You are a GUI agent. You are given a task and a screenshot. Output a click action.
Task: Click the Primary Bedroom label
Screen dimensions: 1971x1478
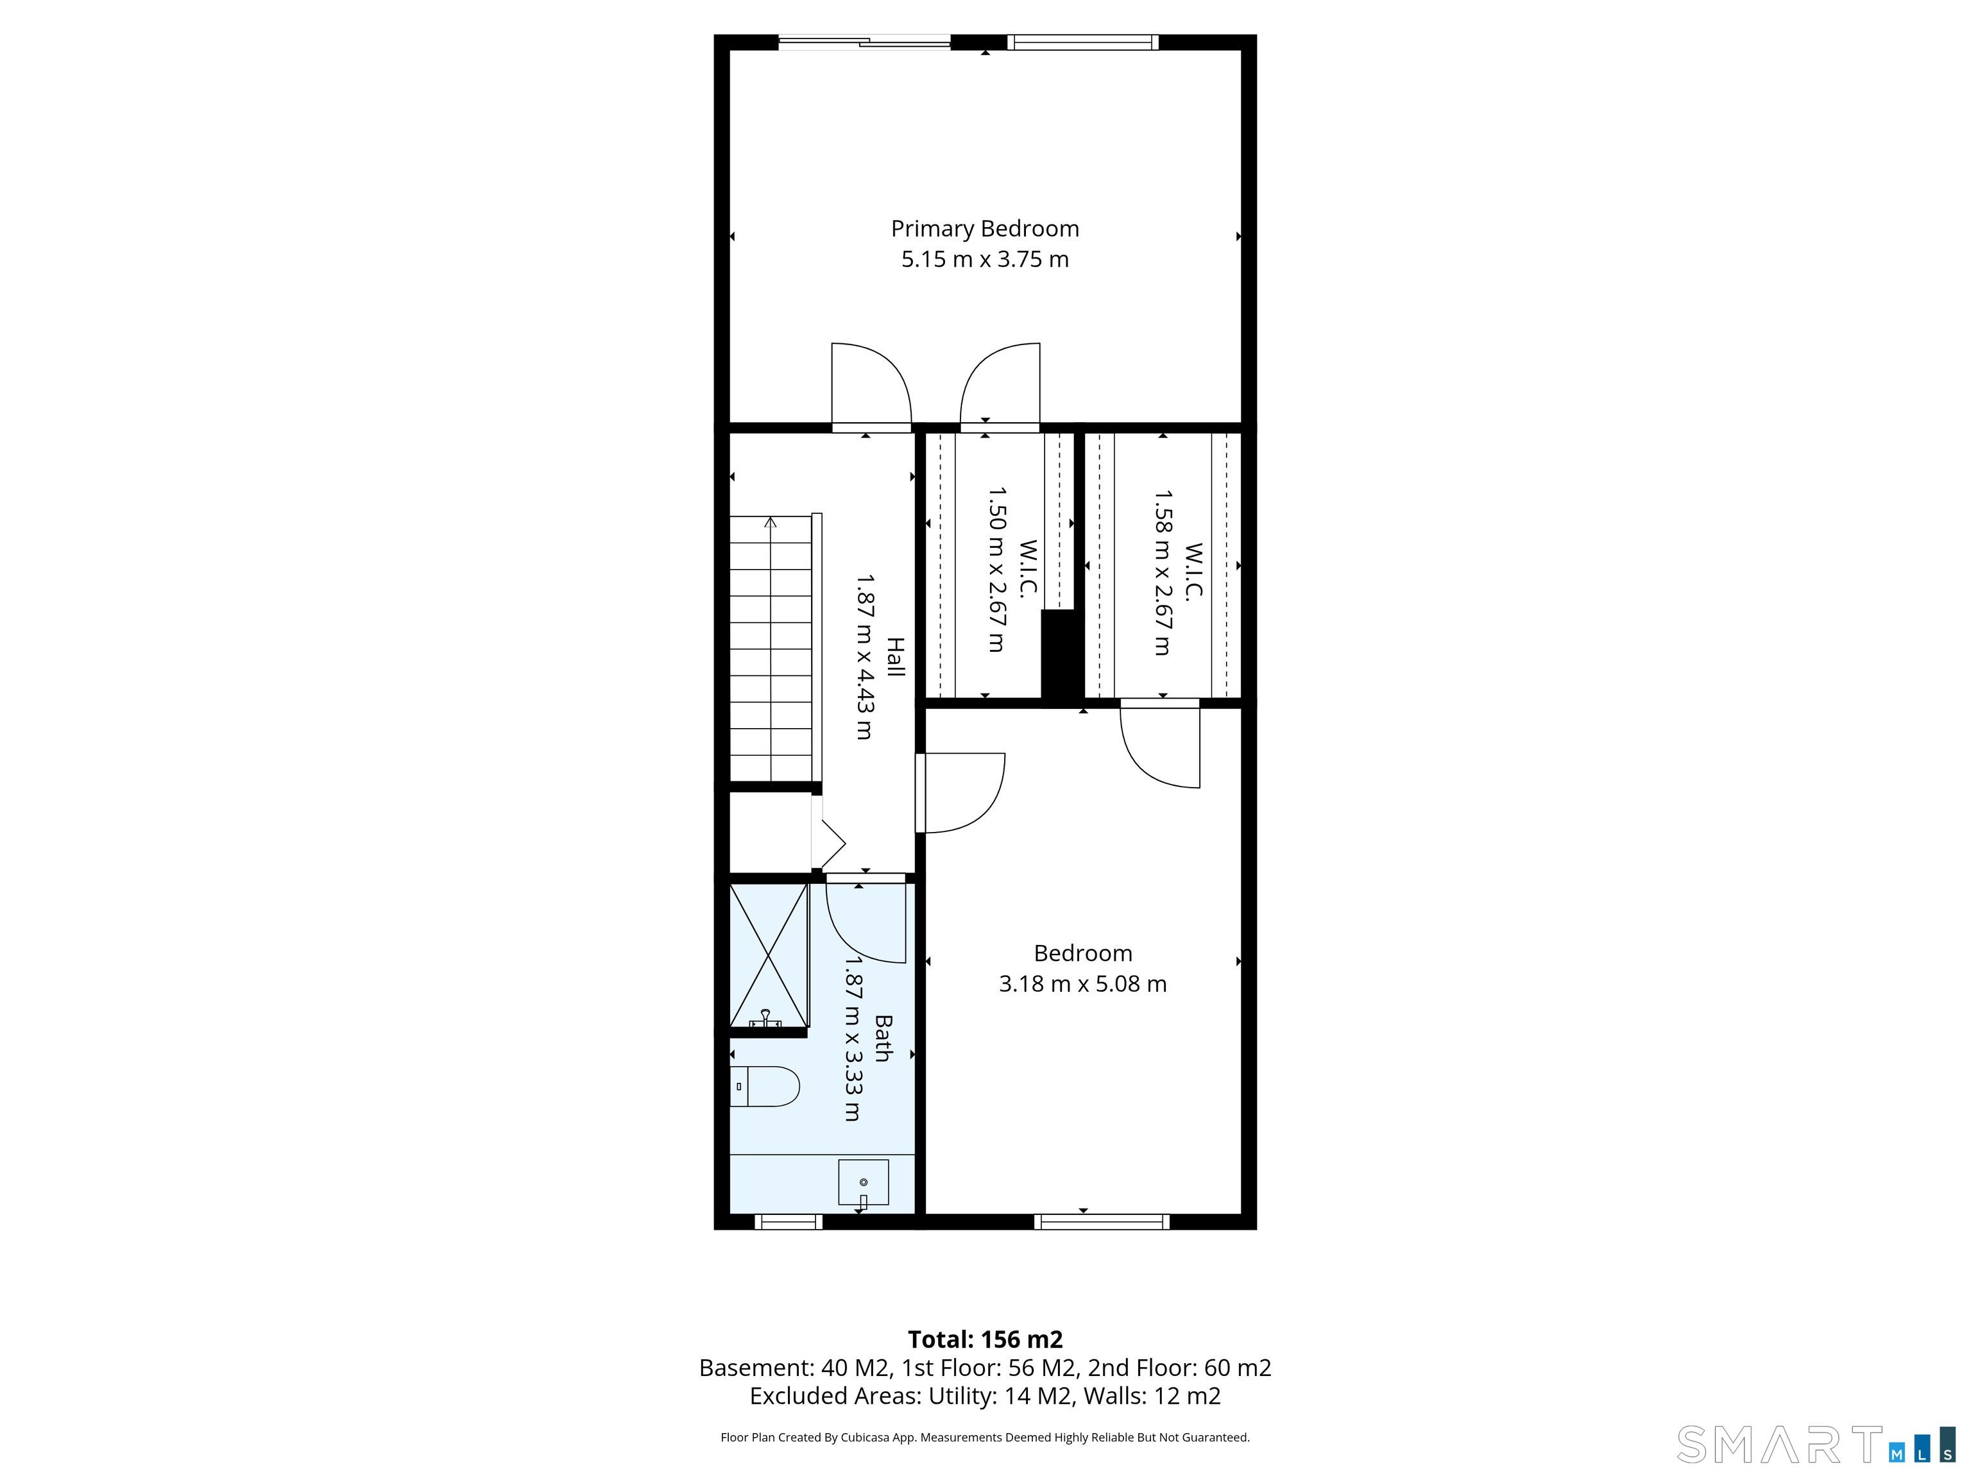[985, 229]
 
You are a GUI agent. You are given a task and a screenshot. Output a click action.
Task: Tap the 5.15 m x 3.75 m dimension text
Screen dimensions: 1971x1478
[985, 259]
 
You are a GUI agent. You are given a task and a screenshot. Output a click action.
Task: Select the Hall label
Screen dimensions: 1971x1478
[894, 657]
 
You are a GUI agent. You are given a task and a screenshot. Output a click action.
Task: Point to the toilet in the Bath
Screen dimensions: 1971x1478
[765, 1086]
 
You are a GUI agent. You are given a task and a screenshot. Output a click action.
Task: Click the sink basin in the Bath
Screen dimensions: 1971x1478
[864, 1182]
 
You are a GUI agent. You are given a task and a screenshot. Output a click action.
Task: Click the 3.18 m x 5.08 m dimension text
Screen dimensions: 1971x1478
[1082, 983]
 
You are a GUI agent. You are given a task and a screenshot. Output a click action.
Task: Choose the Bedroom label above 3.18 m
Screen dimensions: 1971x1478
[1082, 953]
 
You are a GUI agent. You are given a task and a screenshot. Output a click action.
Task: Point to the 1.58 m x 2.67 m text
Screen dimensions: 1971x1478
[1163, 572]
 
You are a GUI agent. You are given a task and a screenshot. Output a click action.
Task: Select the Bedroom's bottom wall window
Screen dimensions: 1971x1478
[1102, 1221]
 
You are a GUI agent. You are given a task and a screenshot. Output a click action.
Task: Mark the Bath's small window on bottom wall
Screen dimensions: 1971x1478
[789, 1221]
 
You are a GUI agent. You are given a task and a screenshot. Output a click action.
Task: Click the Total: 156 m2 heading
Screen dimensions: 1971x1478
[985, 1339]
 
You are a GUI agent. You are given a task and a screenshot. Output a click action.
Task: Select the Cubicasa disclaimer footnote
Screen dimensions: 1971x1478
[985, 1437]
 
